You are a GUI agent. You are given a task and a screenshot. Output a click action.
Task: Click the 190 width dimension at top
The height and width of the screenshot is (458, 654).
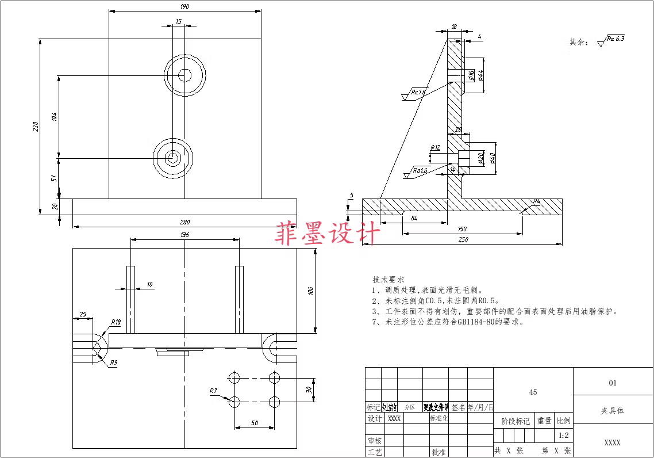[x=184, y=7]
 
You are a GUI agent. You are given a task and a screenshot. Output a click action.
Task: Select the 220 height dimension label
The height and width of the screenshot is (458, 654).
[x=35, y=125]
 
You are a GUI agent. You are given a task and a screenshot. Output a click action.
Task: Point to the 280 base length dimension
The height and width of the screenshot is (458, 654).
[x=184, y=222]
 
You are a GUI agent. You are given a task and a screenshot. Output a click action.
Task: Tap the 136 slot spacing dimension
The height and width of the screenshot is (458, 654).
[x=184, y=235]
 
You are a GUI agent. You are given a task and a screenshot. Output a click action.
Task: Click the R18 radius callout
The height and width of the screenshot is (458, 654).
[x=116, y=322]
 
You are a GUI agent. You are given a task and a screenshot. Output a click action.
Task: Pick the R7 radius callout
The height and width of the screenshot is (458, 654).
[x=213, y=391]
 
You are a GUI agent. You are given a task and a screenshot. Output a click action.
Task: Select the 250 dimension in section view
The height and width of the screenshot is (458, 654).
[x=462, y=239]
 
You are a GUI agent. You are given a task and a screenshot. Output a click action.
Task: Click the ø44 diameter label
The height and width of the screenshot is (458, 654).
[x=480, y=75]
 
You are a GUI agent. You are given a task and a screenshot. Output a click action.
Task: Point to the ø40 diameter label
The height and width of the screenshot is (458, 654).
[x=493, y=157]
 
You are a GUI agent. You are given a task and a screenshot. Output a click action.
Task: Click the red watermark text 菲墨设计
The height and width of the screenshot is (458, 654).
[x=328, y=234]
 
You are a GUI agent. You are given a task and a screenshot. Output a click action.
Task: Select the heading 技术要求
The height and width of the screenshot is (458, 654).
[x=388, y=280]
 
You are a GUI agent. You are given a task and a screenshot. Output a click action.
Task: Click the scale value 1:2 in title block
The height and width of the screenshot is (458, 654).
[x=563, y=435]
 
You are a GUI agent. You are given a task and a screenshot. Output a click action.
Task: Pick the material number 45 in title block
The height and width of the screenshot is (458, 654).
[x=533, y=392]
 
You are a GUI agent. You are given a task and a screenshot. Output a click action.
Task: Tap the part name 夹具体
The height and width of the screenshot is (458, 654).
[x=612, y=411]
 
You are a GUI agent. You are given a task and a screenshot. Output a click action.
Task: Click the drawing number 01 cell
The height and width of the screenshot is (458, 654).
[x=612, y=383]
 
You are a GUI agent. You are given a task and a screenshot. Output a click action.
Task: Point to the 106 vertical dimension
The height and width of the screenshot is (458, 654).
[x=311, y=290]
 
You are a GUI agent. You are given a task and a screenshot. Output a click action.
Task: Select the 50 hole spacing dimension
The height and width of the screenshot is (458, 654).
[x=254, y=423]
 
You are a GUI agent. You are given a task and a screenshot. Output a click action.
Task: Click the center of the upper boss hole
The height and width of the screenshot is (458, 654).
[x=184, y=75]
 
